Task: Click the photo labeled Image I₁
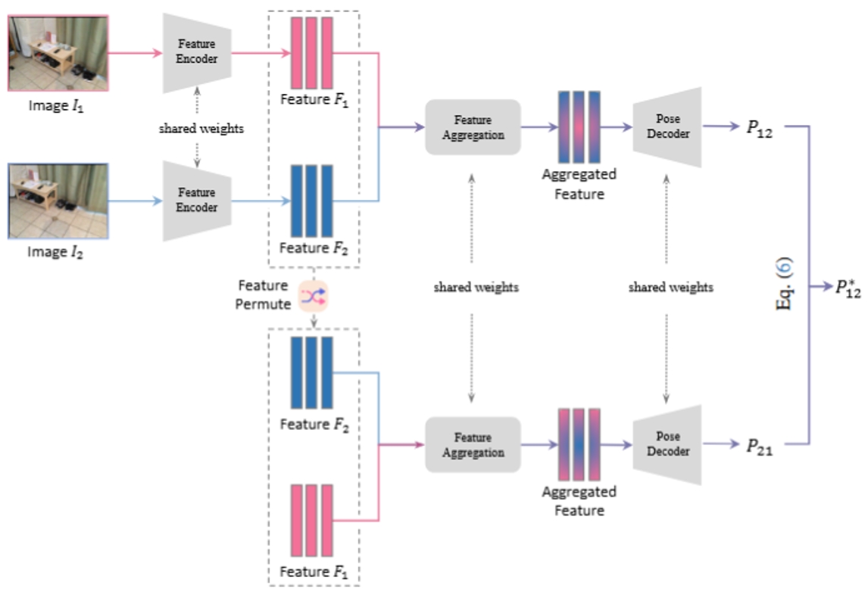58,54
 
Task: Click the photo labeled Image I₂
58,201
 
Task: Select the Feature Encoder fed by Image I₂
197,201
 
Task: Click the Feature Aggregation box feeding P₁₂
473,127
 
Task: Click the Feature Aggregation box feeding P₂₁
473,445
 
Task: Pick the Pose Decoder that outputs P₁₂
667,127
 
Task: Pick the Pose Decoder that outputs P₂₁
667,445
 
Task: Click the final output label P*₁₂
848,288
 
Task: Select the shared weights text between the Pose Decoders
670,288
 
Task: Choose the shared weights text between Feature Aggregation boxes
476,288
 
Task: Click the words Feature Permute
263,294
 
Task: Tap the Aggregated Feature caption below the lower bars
579,501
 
